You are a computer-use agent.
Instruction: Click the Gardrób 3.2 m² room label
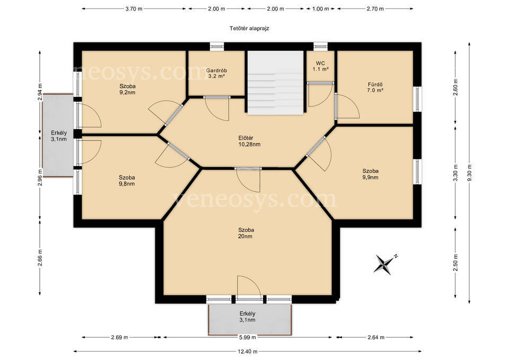click(x=216, y=73)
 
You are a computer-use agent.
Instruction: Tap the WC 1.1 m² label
click(x=320, y=66)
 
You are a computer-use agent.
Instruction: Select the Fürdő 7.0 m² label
click(x=375, y=87)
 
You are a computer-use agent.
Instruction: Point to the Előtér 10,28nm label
click(x=249, y=141)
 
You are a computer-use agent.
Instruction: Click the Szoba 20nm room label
click(x=245, y=233)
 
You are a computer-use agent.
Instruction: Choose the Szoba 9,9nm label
click(x=371, y=174)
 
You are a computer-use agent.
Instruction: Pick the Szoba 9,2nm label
click(x=127, y=89)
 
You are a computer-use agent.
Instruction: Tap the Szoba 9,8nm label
click(x=127, y=180)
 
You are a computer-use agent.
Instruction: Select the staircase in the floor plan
click(x=276, y=83)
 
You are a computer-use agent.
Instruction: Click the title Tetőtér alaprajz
click(x=249, y=28)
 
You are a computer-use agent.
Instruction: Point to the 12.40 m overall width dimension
click(x=248, y=351)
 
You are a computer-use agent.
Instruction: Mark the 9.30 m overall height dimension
click(x=469, y=173)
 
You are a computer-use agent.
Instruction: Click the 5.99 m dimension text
click(x=248, y=337)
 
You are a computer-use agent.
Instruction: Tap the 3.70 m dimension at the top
click(x=134, y=9)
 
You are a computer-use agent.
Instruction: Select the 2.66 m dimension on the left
click(x=40, y=257)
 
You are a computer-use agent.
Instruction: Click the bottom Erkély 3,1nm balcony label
click(x=248, y=317)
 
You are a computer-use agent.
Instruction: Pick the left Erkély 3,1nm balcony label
click(x=59, y=136)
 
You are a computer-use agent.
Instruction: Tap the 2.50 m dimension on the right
click(x=455, y=262)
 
